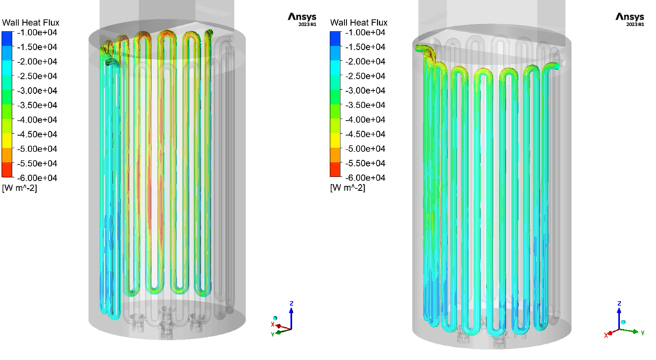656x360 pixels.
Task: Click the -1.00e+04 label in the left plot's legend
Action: (37, 33)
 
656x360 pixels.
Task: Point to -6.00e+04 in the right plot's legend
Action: (365, 178)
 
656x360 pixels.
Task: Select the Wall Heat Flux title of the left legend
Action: (31, 22)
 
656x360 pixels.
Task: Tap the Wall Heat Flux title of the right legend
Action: (359, 22)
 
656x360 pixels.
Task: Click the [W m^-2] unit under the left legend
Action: (19, 188)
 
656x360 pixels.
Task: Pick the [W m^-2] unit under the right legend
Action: (347, 188)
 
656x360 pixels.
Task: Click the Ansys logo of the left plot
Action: (302, 17)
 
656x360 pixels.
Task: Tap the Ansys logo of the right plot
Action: (630, 17)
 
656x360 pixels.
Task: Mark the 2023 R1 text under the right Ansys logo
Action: (635, 25)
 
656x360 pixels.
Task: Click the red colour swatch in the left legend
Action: (7, 170)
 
